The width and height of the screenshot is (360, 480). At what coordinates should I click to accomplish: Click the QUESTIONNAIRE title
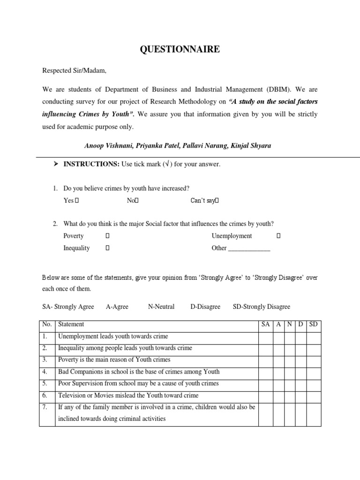click(180, 49)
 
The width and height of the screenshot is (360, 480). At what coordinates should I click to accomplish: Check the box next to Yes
click(77, 201)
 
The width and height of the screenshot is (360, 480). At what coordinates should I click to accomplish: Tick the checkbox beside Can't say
click(217, 201)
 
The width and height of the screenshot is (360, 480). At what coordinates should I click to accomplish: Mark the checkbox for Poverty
click(107, 236)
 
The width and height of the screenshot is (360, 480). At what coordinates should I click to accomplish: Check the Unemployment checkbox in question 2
click(278, 236)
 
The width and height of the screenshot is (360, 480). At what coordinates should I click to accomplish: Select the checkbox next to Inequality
click(107, 248)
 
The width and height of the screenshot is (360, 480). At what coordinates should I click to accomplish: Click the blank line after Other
click(249, 248)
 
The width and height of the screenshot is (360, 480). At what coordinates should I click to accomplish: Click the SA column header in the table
click(265, 324)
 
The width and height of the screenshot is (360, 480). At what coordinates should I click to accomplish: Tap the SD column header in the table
click(314, 324)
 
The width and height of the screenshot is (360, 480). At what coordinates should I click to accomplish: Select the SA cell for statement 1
click(265, 337)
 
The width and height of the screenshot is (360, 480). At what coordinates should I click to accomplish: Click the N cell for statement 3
click(290, 360)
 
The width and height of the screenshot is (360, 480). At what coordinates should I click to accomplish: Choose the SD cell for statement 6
click(314, 395)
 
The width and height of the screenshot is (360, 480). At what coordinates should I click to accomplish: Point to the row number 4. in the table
click(46, 372)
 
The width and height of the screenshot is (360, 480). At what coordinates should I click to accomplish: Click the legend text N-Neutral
click(161, 307)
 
